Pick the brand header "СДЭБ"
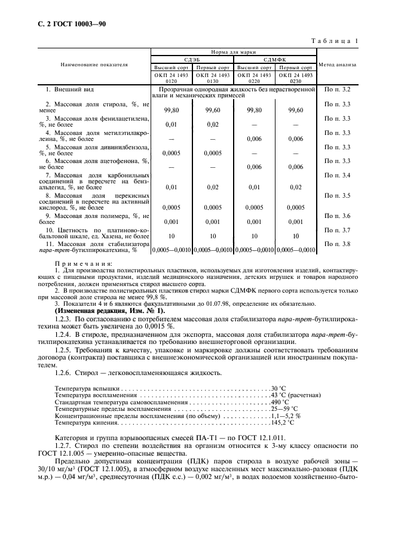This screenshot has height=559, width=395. (x=192, y=60)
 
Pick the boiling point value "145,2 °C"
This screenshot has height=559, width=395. (x=282, y=422)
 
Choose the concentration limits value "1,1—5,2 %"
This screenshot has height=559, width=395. (x=286, y=416)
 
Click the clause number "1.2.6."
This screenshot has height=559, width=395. (x=65, y=373)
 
